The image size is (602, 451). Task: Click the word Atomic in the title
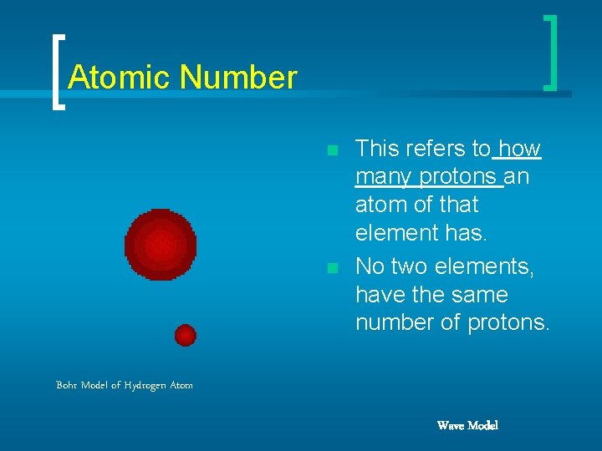119,78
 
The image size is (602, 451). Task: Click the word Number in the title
238,78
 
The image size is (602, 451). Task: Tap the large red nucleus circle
161,245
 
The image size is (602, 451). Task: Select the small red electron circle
185,335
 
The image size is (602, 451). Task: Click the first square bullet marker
333,151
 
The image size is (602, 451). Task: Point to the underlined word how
520,149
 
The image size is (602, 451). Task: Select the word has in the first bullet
464,233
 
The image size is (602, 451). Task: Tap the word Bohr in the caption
67,385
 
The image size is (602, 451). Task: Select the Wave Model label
467,426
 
